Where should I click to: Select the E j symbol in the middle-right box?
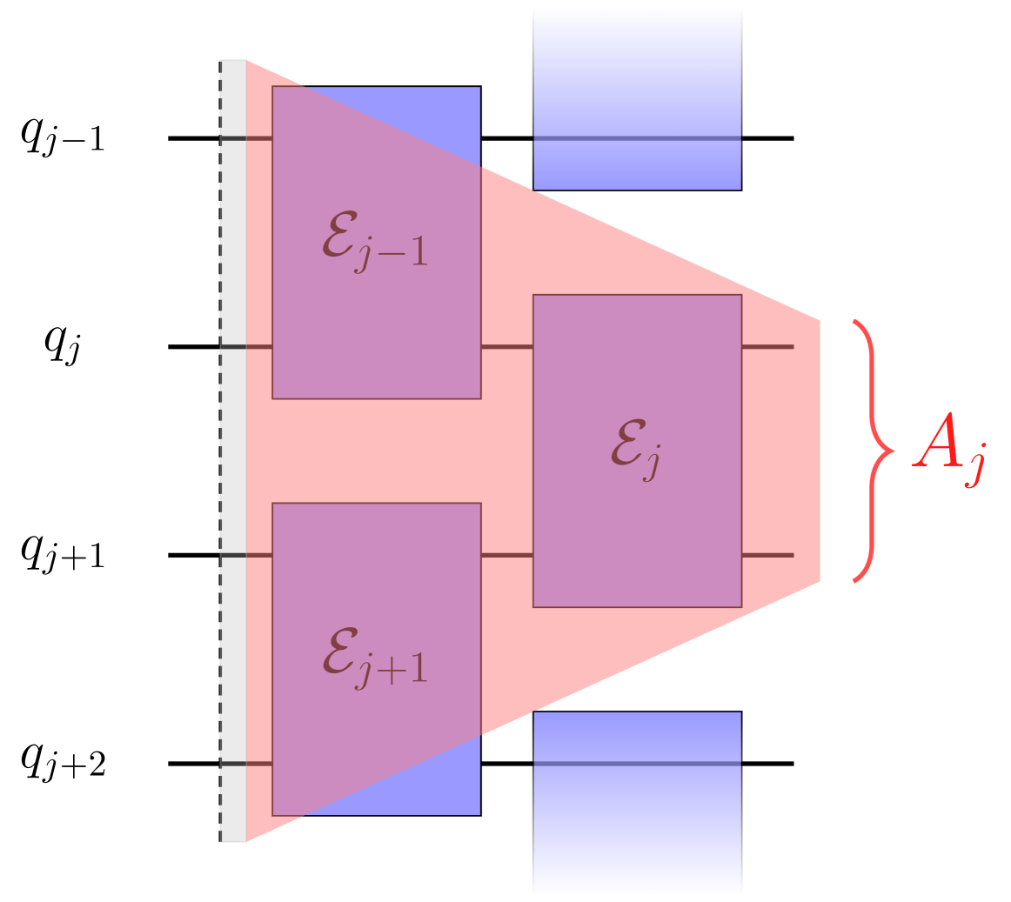tap(635, 452)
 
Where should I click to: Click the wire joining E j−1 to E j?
tap(506, 347)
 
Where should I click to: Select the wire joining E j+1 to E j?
tap(506, 555)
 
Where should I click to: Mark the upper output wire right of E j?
tap(767, 347)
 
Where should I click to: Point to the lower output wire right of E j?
tap(767, 555)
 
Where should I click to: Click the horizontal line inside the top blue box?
tap(637, 138)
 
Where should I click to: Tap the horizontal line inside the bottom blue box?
tap(637, 764)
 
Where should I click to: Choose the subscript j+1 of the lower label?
tap(391, 672)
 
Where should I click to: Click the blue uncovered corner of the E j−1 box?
tap(444, 113)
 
